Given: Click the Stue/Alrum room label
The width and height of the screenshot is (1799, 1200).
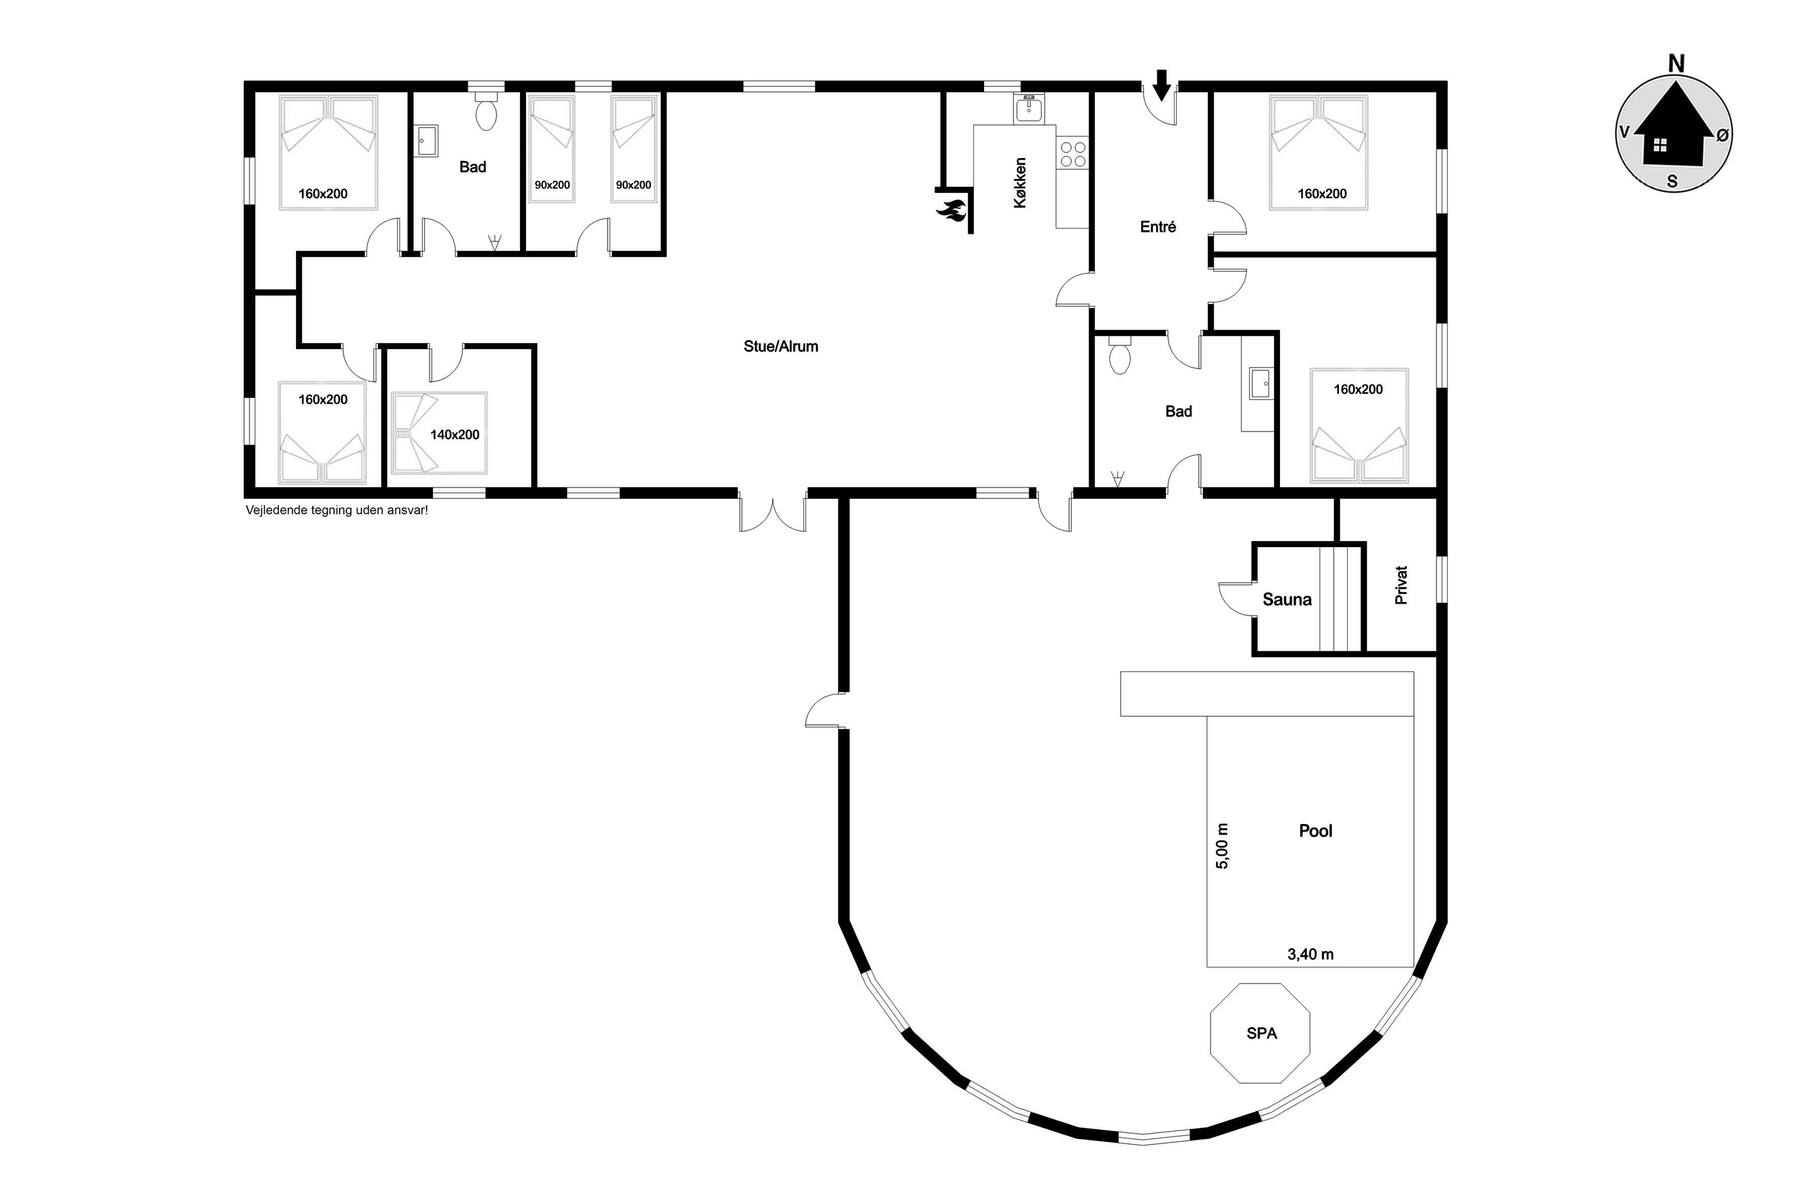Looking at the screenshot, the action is pos(780,346).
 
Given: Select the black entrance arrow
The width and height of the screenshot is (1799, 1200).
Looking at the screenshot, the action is pos(1161,85).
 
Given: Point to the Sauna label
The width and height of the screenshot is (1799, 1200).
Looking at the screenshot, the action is pos(1287,599).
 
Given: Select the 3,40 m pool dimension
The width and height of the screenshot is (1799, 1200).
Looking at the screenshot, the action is pos(1310,954).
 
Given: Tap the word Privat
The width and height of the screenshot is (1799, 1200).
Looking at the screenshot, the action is pos(1401,585).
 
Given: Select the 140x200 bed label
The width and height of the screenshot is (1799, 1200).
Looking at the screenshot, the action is pos(454,435).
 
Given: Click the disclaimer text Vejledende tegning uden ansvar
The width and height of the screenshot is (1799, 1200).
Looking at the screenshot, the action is pos(337,510).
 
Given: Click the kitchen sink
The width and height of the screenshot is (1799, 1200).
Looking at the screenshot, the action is pos(1029,109).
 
